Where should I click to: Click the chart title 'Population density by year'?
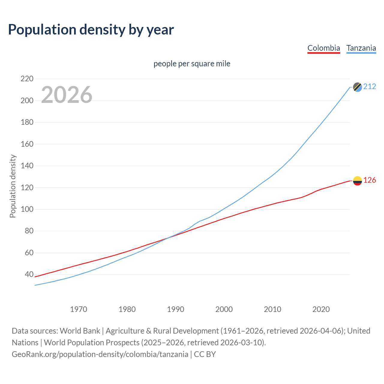pos(91,30)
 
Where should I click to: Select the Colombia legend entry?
pos(324,48)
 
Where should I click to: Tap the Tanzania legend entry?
pos(361,48)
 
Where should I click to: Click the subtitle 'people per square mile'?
pos(192,64)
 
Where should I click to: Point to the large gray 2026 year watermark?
pos(67,95)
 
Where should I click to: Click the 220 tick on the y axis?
pos(27,79)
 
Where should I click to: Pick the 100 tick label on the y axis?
pos(27,209)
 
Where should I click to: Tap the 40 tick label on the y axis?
pos(29,274)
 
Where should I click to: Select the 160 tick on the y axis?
pos(27,144)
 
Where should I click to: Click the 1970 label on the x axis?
pos(79,309)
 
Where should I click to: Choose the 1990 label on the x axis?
pos(175,309)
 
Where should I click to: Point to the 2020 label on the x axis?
pos(321,309)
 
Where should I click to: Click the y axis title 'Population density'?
pos(13,186)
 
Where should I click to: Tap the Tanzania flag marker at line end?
pos(357,87)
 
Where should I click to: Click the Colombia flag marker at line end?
pos(357,181)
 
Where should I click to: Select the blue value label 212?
pos(370,87)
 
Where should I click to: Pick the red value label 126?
pos(370,180)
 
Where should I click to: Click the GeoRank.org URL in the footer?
pos(100,354)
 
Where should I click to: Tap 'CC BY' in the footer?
pos(205,354)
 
